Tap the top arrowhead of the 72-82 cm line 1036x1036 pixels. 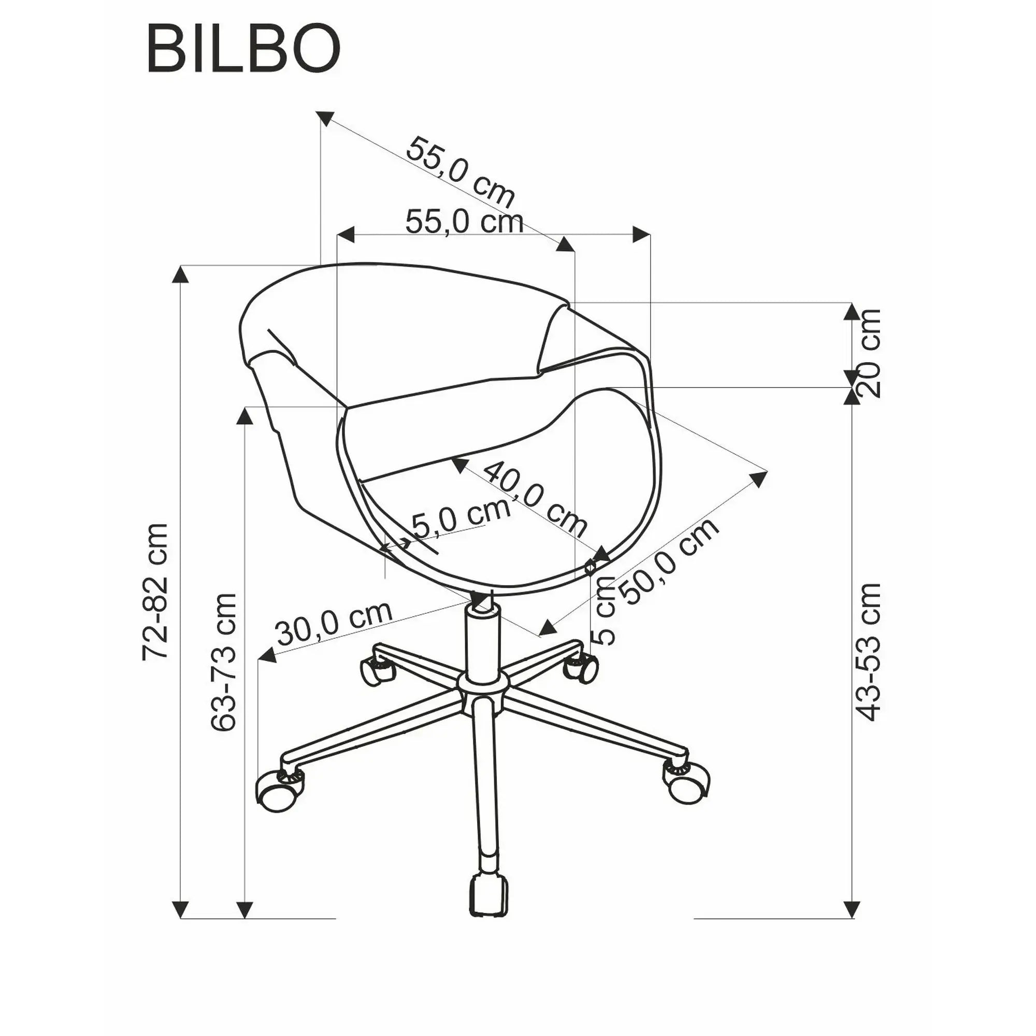pyautogui.click(x=181, y=276)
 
